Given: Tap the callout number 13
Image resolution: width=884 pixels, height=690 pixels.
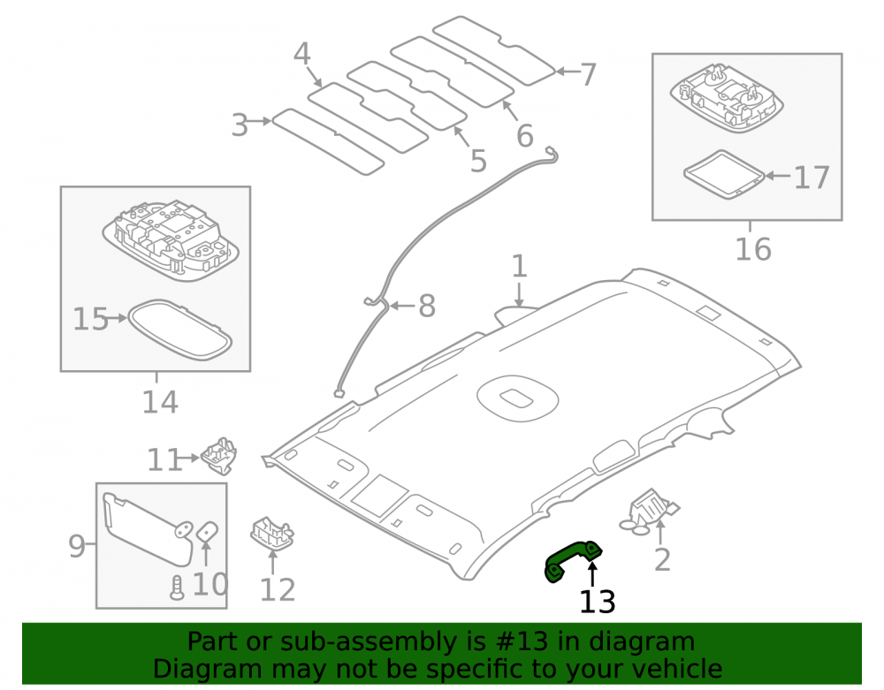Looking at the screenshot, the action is [597, 602].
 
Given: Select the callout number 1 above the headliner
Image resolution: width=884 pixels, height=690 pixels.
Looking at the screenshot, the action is [519, 266].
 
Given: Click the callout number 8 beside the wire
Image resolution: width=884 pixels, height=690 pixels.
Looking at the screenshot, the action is [427, 306].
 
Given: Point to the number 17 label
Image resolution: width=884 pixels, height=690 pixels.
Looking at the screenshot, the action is [812, 178].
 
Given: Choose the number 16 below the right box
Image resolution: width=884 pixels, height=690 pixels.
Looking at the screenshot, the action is [753, 249].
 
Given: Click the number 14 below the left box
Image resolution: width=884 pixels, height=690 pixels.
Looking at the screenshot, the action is [160, 402].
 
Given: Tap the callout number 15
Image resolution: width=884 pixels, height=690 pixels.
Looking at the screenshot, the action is [90, 319].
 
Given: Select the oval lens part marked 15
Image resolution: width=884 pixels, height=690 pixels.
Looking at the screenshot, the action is [179, 330].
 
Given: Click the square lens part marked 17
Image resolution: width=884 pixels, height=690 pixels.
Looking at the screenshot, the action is [724, 175].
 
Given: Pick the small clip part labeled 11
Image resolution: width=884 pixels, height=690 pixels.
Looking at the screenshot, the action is [219, 456].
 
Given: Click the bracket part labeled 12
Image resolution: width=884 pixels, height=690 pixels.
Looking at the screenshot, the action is [271, 532].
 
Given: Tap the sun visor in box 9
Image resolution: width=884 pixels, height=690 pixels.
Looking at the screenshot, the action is [149, 527].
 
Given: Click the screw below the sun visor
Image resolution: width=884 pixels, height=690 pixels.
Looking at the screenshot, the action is [177, 588].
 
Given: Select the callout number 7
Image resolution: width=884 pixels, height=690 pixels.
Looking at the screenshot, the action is [588, 74].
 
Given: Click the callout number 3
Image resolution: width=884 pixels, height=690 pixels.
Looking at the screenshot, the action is [240, 125].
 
